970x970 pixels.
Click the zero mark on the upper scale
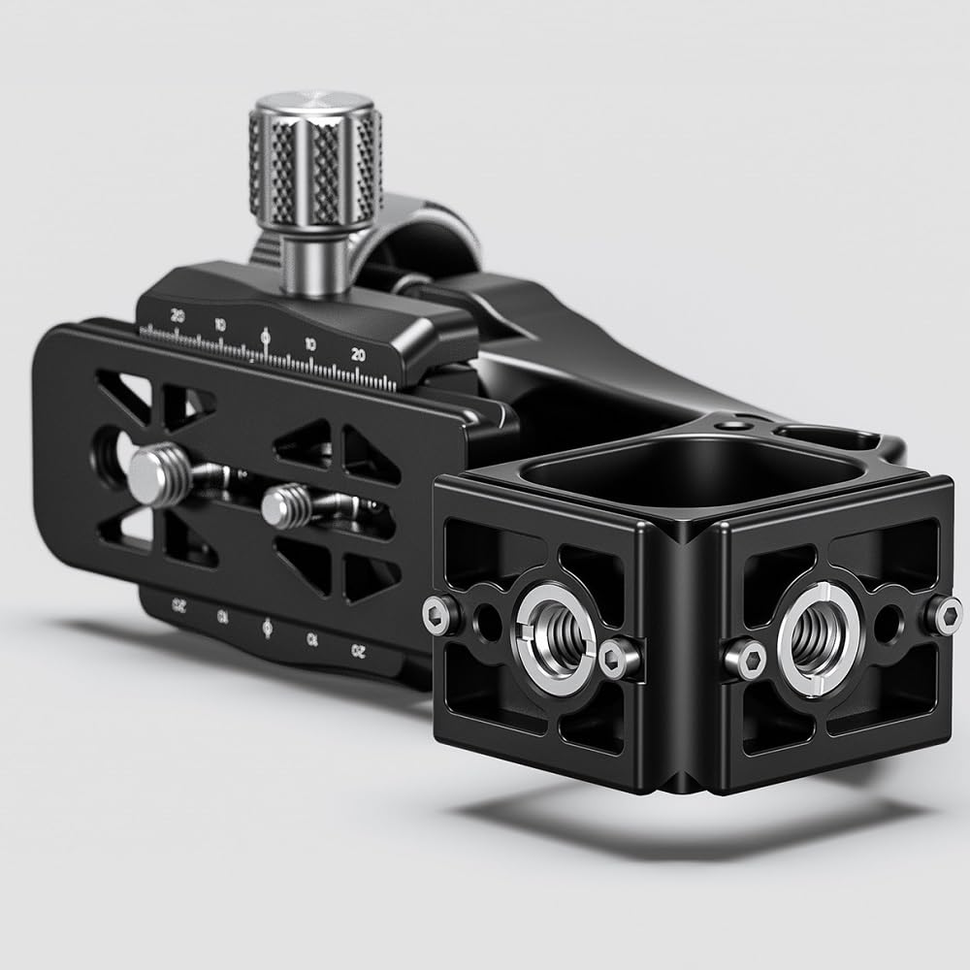[x=266, y=339]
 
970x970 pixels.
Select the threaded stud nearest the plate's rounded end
[x=153, y=473]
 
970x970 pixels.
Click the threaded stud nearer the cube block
[x=282, y=505]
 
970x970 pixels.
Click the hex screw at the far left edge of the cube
[x=441, y=614]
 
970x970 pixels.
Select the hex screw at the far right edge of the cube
[x=943, y=614]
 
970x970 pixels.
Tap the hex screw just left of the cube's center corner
[x=617, y=660]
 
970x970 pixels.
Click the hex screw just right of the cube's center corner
[x=746, y=662]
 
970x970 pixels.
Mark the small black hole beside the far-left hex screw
[x=484, y=618]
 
